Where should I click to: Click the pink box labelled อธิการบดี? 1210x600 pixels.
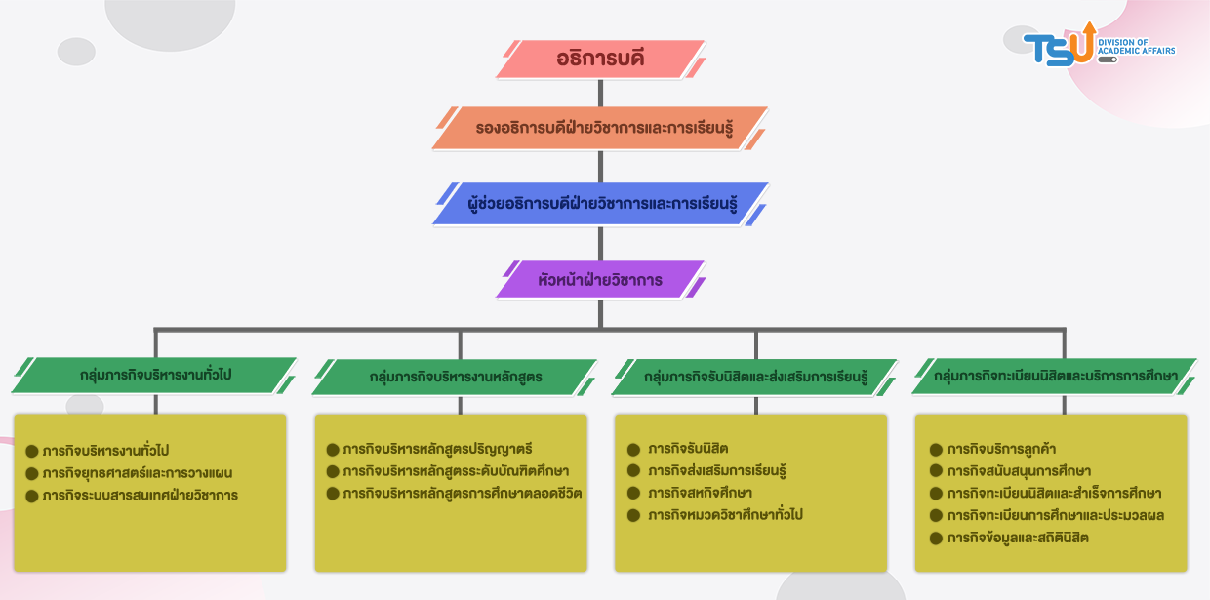pos(600,60)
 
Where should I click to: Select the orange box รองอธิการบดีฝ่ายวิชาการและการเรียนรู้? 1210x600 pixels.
pos(600,128)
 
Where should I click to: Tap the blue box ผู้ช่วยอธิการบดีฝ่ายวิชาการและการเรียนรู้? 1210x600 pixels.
pos(600,204)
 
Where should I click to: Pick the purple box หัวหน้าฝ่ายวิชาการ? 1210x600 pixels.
pos(600,280)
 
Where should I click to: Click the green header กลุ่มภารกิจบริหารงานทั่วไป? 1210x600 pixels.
pos(155,374)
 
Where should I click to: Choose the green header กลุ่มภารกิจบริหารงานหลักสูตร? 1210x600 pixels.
pos(456,377)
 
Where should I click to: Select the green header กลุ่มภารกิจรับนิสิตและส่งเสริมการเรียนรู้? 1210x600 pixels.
pos(755,377)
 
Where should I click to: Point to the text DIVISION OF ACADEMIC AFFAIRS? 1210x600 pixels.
pos(1136,46)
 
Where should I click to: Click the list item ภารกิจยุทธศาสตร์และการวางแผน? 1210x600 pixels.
pos(138,473)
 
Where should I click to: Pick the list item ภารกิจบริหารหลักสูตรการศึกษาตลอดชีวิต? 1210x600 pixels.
pos(462,493)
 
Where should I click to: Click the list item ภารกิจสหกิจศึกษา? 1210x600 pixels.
pos(700,493)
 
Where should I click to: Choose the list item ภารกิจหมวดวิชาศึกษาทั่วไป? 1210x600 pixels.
pos(725,515)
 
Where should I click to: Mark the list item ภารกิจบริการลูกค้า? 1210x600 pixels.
pos(1001,450)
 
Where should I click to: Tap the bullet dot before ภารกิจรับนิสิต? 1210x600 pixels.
pos(633,450)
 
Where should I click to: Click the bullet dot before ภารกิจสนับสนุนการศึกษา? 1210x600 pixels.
pos(936,472)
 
